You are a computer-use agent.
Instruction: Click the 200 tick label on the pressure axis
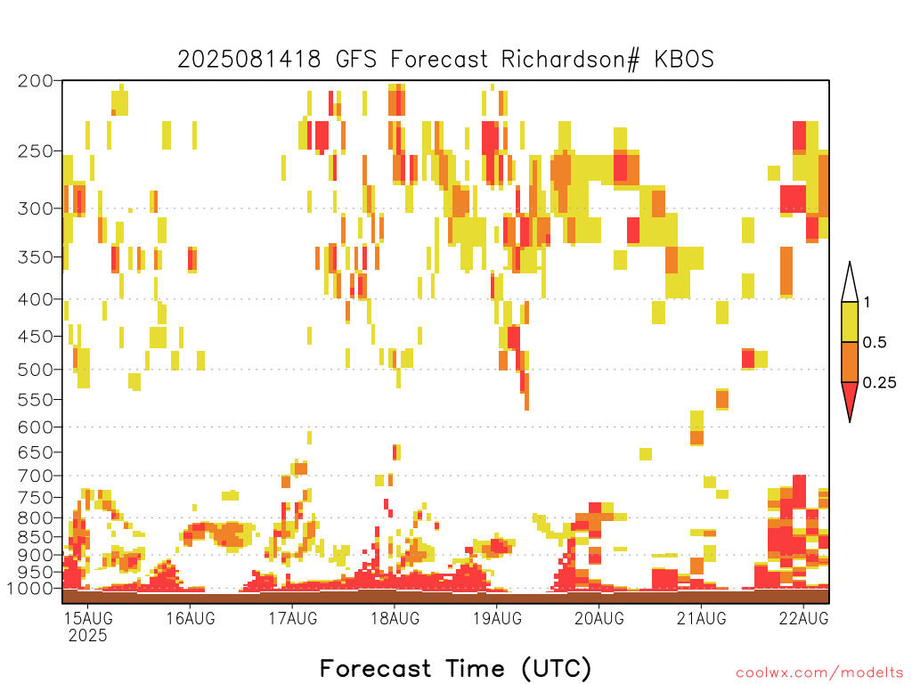[35, 81]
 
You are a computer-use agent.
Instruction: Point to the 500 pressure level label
[35, 370]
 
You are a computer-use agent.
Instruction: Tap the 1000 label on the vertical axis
[29, 588]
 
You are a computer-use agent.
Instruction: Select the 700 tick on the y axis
[35, 476]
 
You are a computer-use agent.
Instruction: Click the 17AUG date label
[293, 618]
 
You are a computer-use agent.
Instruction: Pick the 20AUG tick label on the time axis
[599, 618]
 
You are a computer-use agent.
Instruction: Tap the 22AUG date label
[804, 618]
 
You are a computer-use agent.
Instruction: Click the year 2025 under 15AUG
[88, 636]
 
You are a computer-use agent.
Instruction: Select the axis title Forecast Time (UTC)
[455, 668]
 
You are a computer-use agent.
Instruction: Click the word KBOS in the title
[684, 60]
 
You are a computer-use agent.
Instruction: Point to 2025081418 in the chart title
[249, 60]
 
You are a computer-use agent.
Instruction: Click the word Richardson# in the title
[571, 60]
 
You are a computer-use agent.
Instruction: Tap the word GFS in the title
[356, 60]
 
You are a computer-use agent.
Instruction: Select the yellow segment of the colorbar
[850, 322]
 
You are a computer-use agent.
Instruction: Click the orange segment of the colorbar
[850, 362]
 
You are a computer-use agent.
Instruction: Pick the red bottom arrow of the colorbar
[850, 398]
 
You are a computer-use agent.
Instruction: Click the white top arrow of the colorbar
[850, 285]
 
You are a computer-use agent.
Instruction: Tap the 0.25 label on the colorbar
[879, 383]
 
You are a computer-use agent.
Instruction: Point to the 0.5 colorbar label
[875, 342]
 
